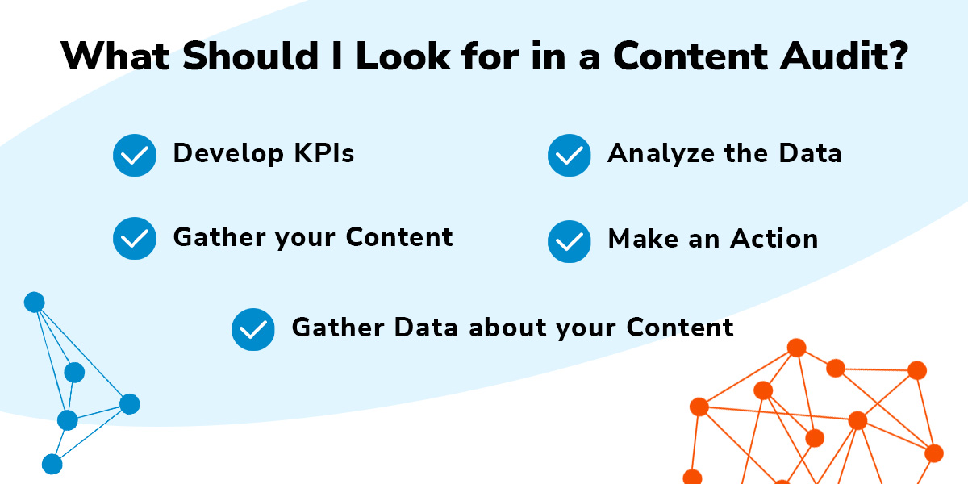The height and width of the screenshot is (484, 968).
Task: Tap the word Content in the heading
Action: click(691, 56)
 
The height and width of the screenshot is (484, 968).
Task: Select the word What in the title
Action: click(115, 56)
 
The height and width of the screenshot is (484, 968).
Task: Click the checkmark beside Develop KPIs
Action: click(135, 155)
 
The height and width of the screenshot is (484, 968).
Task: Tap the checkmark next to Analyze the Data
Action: click(570, 155)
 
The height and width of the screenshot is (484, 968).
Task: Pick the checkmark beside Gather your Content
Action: click(135, 238)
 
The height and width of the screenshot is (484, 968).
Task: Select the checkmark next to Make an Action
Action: click(570, 241)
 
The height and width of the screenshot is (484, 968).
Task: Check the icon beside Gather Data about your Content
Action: click(252, 329)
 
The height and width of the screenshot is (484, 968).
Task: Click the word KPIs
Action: click(324, 153)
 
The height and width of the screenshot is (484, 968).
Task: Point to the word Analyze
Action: click(661, 155)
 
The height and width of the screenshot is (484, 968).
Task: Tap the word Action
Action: click(774, 238)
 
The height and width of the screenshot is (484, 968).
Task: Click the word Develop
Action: click(228, 155)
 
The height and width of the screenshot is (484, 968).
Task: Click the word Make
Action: click(643, 238)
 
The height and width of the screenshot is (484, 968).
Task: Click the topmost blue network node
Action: click(35, 302)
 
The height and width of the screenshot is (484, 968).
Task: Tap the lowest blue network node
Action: click(52, 464)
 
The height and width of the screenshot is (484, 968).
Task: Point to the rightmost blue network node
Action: click(130, 404)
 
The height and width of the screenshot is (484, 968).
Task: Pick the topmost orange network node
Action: click(796, 348)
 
